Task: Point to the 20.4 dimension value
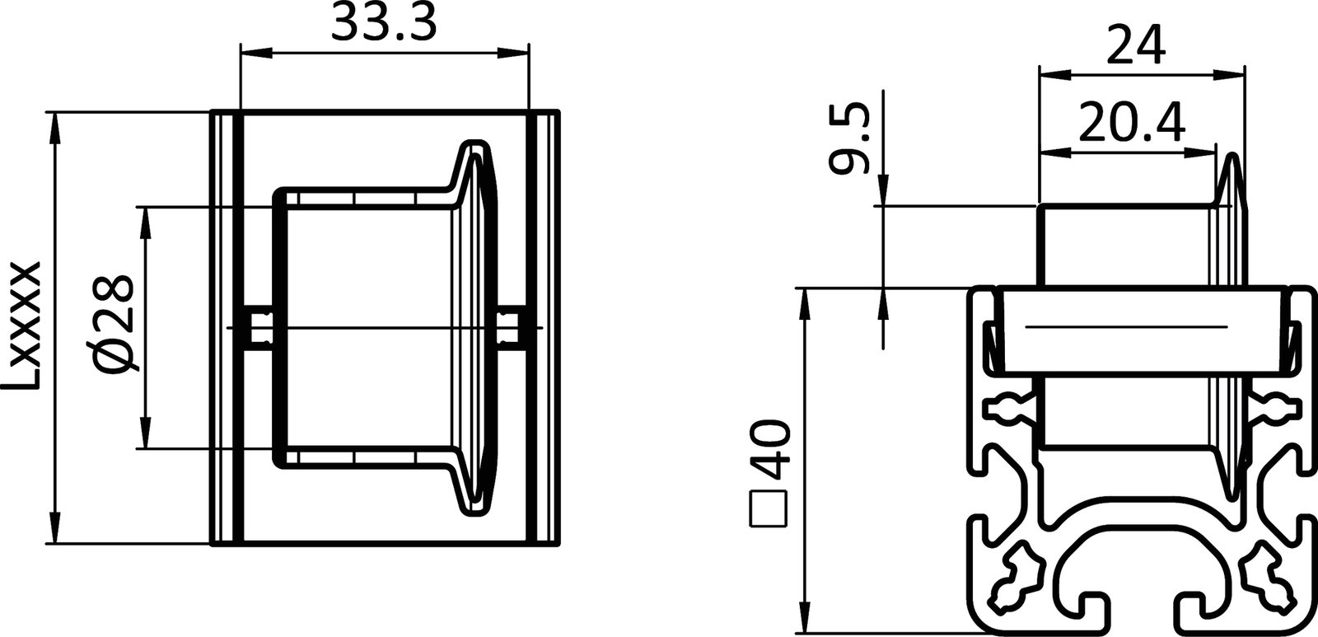pos(1131,124)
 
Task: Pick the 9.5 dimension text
pos(849,138)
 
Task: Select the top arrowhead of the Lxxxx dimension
pos(55,124)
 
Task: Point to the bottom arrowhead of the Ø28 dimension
pos(146,437)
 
